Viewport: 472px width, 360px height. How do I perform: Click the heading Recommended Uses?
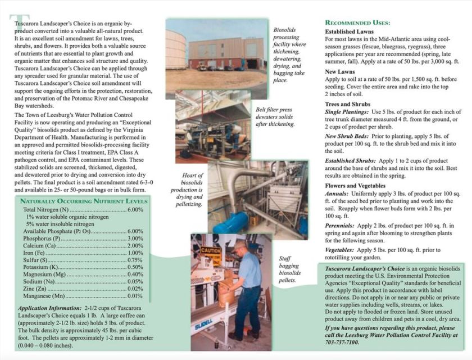[357, 22]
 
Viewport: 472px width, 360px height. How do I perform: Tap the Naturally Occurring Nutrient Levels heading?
[84, 201]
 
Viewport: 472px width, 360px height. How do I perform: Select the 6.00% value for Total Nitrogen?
[135, 210]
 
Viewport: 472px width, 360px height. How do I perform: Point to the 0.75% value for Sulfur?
[135, 260]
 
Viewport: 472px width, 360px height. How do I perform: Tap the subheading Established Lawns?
[349, 31]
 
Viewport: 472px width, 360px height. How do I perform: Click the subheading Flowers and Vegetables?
[355, 185]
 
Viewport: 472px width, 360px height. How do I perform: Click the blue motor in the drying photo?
[232, 222]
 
